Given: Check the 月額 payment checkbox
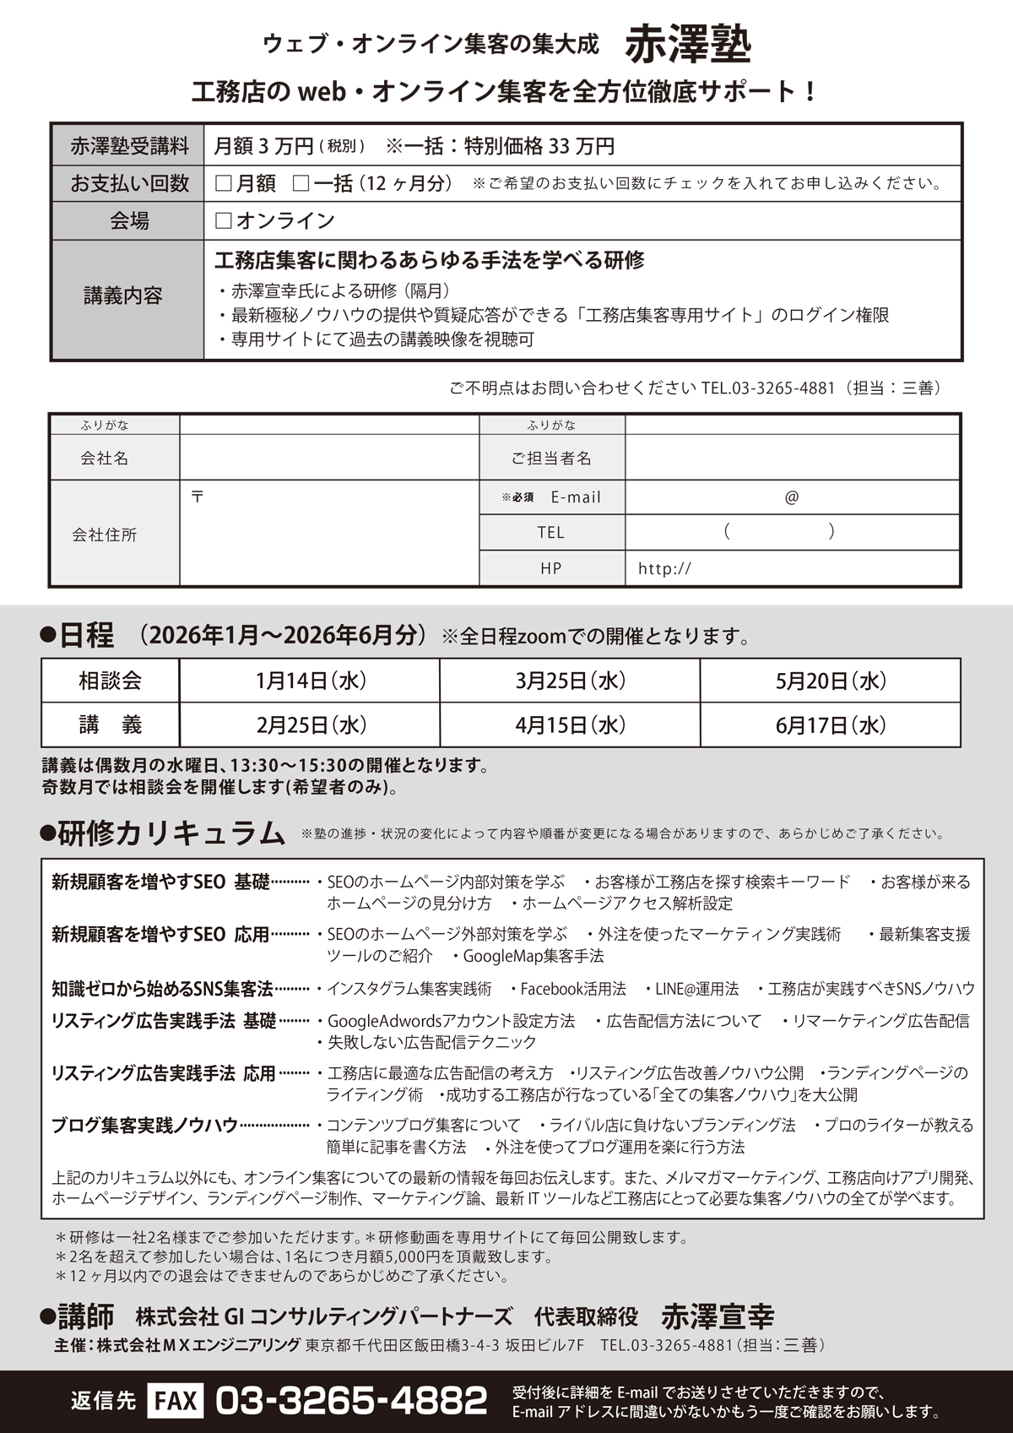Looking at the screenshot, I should [224, 183].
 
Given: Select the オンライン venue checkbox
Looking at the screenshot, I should [224, 221].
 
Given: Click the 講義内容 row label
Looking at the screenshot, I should [123, 296].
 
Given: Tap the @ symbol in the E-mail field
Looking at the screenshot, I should [791, 497].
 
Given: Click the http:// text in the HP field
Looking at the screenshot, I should [664, 569].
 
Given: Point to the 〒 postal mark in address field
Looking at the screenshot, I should [198, 497].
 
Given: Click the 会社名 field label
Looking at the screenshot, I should [105, 459].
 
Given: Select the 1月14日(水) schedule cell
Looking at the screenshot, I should [310, 681].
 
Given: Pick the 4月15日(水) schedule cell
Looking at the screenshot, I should [570, 725].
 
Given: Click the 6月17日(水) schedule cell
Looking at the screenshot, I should [830, 725].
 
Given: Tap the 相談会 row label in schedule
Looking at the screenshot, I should [111, 681].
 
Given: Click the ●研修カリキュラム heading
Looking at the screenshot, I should [164, 833].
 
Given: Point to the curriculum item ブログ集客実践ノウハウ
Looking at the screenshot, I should [144, 1126].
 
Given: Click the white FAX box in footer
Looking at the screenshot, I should [176, 1402].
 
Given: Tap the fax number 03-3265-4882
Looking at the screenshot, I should [351, 1402].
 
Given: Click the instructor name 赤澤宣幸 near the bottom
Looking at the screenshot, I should [717, 1316].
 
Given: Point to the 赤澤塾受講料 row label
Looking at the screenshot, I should [129, 147].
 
